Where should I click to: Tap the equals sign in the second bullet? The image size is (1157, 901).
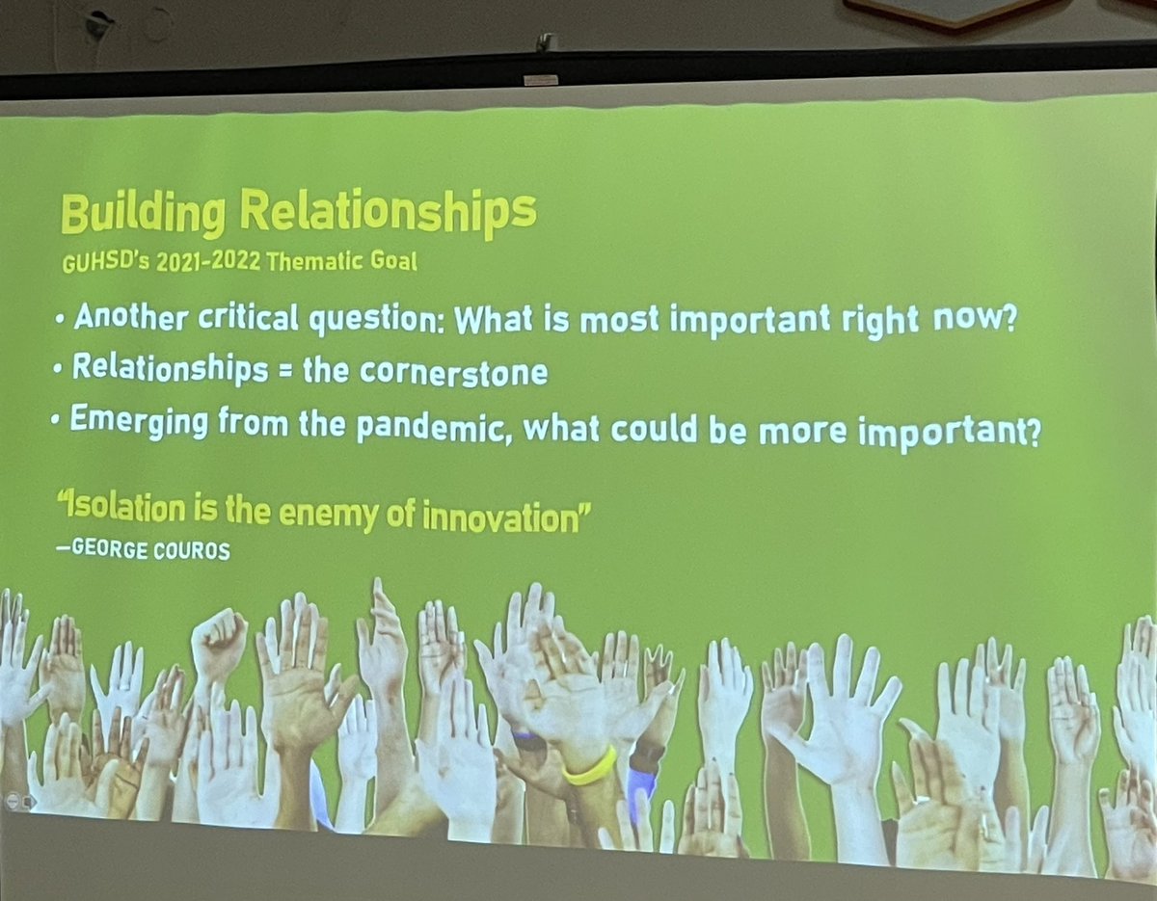pos(284,371)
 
